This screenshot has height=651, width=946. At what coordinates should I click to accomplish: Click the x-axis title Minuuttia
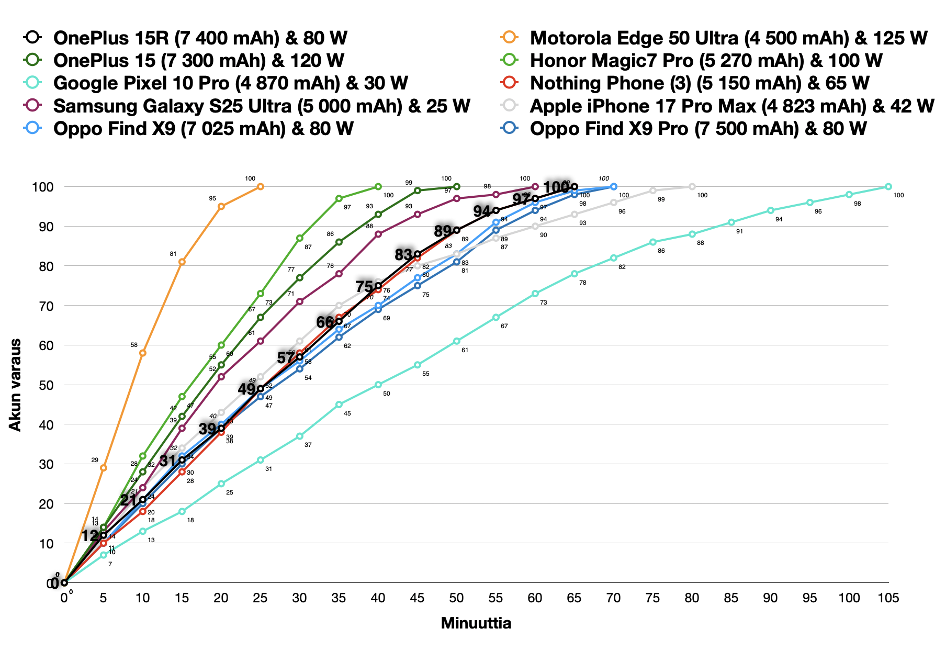point(476,623)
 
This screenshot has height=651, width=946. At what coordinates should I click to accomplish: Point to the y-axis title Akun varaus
point(16,385)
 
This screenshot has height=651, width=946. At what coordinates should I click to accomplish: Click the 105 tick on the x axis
point(888,598)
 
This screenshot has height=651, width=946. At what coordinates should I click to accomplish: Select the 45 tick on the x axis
point(417,598)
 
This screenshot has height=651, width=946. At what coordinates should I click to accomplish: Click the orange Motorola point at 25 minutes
point(261,187)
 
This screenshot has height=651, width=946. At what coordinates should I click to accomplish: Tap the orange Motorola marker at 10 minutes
point(143,353)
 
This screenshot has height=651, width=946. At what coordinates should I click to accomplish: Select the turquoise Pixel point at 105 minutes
point(888,187)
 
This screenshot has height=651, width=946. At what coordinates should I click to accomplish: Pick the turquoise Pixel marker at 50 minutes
point(457,341)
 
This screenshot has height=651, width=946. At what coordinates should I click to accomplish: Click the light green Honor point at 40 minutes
point(378,187)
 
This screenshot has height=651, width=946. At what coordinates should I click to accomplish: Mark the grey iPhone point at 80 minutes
point(692,187)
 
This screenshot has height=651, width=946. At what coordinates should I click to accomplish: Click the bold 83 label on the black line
point(403,255)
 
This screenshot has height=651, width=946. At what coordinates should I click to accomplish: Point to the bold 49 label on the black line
point(246,389)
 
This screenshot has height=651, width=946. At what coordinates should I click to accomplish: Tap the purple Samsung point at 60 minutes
point(535,187)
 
